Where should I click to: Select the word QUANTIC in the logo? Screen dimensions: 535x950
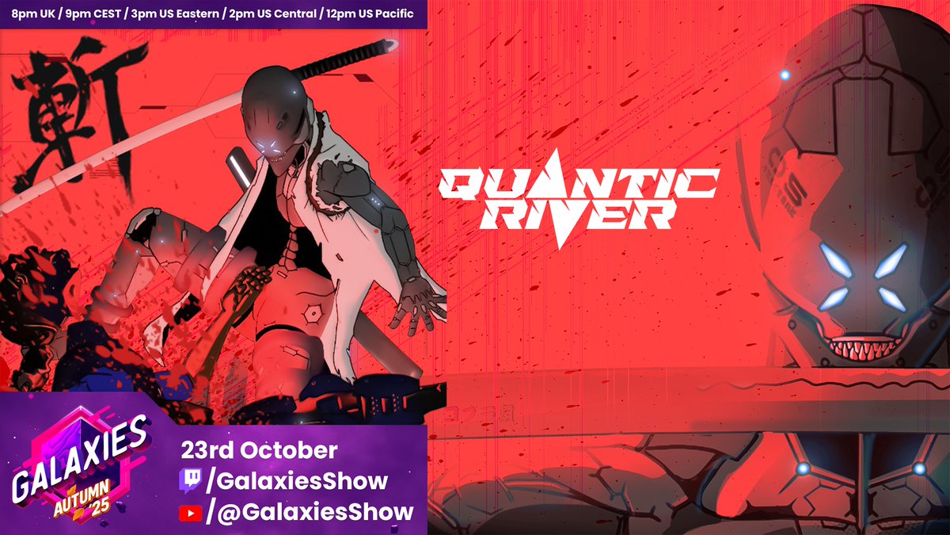pyautogui.click(x=579, y=184)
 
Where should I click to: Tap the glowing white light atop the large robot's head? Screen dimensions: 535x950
pyautogui.click(x=785, y=75)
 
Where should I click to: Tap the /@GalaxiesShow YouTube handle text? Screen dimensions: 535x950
pyautogui.click(x=310, y=512)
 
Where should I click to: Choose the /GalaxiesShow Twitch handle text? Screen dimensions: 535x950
pyautogui.click(x=298, y=481)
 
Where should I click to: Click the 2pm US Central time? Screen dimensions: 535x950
pyautogui.click(x=270, y=14)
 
